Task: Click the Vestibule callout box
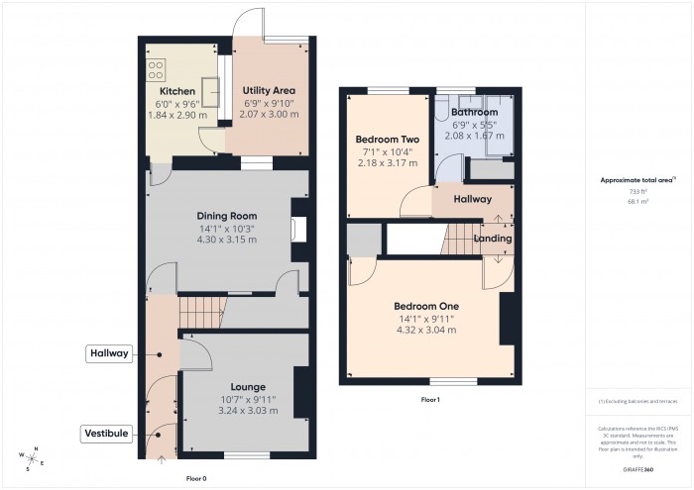pos(107,434)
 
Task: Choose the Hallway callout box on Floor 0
pos(109,353)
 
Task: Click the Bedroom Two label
pos(388,140)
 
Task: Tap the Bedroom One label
pos(423,306)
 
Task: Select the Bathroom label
pos(473,112)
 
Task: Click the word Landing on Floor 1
pos(493,239)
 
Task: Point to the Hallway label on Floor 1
pos(473,199)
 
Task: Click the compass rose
pos(30,458)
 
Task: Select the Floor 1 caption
pos(429,399)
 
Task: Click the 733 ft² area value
pos(637,191)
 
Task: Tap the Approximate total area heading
pos(636,180)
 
